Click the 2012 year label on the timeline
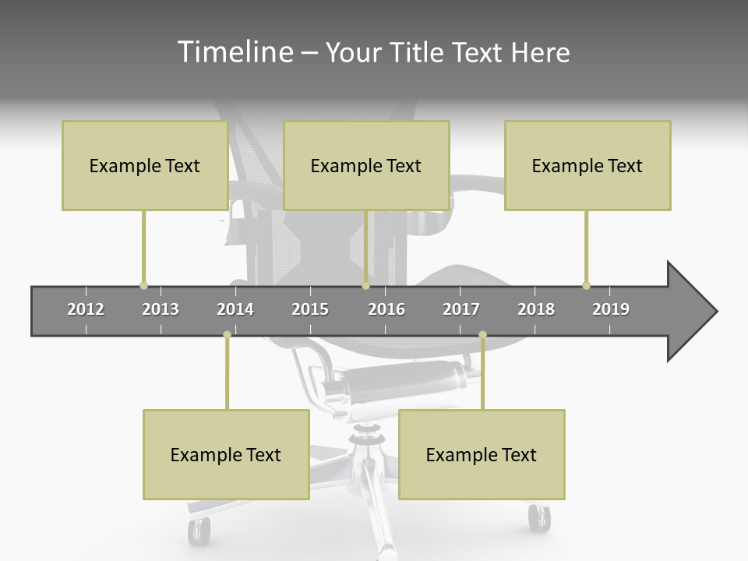click(x=86, y=309)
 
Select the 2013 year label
click(x=161, y=309)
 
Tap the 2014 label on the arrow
click(x=235, y=309)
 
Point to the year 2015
click(x=310, y=309)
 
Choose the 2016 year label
click(x=386, y=309)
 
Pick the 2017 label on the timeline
click(x=461, y=309)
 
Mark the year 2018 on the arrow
click(x=536, y=309)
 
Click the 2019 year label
click(x=611, y=309)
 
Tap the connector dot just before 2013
click(x=143, y=286)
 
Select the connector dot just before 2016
click(x=365, y=286)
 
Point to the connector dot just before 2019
click(x=586, y=286)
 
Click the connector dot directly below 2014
click(x=227, y=335)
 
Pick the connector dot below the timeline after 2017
click(x=482, y=335)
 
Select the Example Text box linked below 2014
click(x=226, y=454)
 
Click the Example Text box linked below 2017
click(x=482, y=454)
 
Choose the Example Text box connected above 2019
click(x=587, y=165)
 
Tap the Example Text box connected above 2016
click(x=366, y=165)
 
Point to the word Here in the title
click(x=540, y=53)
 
